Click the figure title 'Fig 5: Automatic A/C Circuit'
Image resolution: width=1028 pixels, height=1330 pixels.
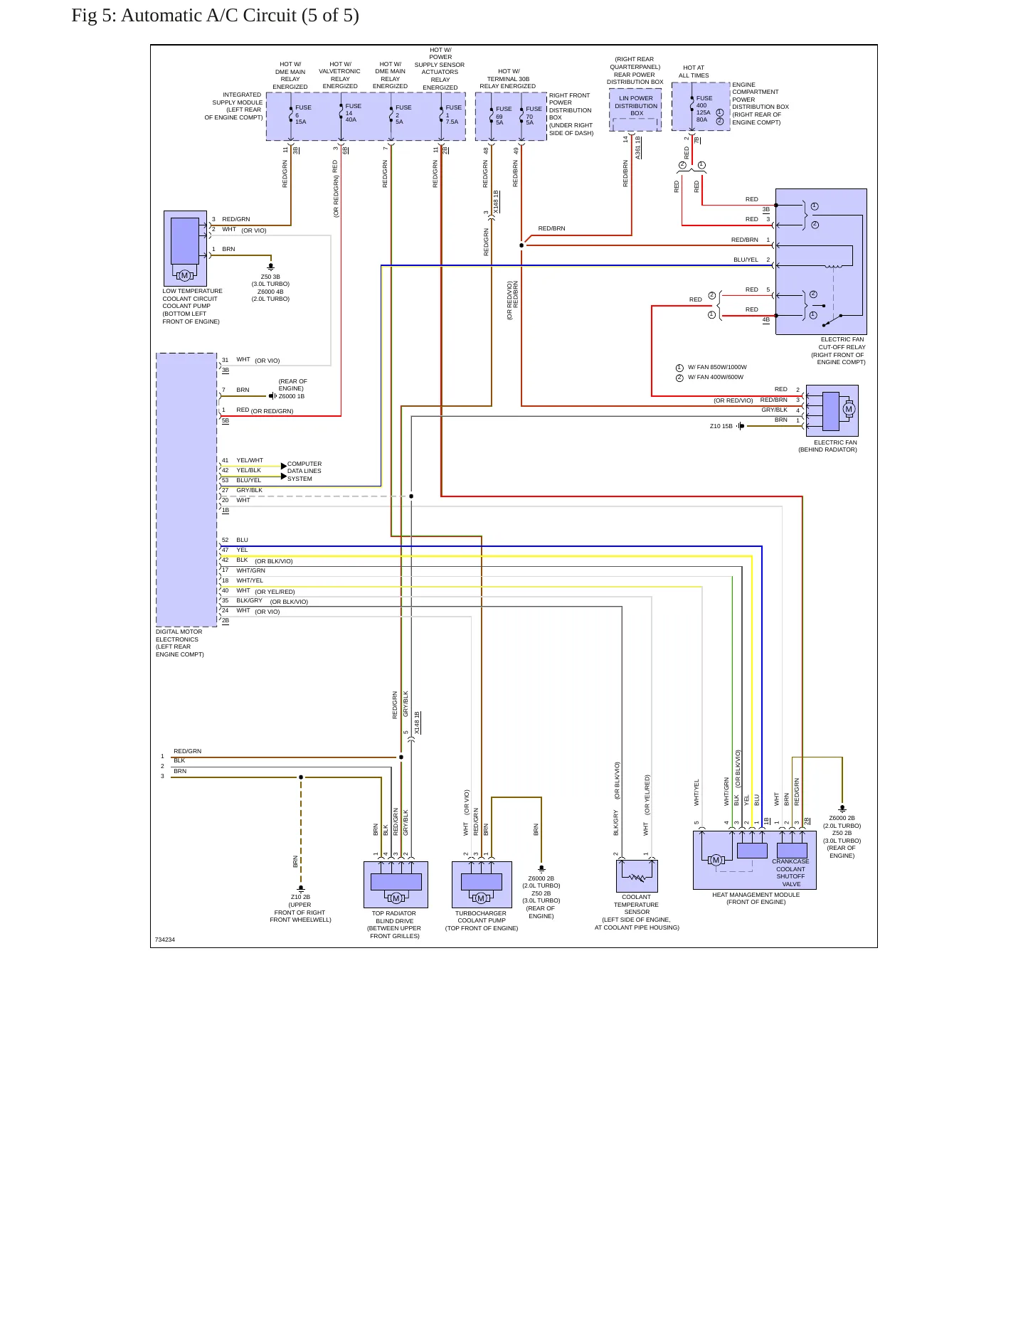(x=184, y=16)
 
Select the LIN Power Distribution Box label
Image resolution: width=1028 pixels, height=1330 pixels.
(x=636, y=106)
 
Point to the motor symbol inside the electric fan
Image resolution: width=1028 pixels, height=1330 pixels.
(x=848, y=409)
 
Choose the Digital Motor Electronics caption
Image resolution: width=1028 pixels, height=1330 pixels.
(x=180, y=643)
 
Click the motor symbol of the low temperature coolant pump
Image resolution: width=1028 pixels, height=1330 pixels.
(x=184, y=275)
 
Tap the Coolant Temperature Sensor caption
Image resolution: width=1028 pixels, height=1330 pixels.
(x=637, y=913)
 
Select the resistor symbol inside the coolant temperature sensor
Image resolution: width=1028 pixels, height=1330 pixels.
(x=637, y=878)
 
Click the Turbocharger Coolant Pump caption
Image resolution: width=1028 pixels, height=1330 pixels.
(x=482, y=920)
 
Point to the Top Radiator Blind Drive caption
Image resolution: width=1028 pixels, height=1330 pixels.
(x=394, y=925)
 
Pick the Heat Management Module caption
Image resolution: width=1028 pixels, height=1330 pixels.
(x=756, y=898)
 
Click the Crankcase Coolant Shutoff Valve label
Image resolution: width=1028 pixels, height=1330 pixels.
(x=790, y=873)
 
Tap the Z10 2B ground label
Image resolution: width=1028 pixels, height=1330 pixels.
(x=300, y=898)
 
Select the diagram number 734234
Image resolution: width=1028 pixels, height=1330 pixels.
(x=165, y=940)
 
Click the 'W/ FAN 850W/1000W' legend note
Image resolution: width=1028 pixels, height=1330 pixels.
(x=717, y=368)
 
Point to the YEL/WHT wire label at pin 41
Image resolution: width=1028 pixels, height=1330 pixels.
(x=250, y=460)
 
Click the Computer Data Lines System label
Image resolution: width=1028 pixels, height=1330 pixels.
(x=304, y=471)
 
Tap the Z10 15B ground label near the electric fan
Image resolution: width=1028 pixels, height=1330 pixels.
(x=721, y=426)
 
